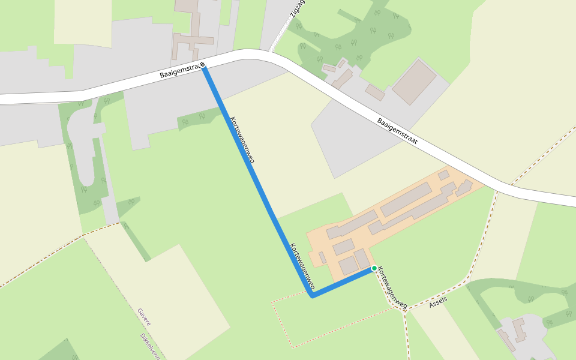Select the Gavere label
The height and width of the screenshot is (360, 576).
(144, 317)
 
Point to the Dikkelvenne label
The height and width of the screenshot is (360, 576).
(151, 347)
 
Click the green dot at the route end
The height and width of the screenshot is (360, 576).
(374, 268)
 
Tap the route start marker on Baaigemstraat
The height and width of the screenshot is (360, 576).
(203, 65)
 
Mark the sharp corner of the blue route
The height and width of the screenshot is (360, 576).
(312, 296)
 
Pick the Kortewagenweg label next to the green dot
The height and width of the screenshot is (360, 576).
(393, 289)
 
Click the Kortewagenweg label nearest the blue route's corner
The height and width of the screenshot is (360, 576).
(302, 266)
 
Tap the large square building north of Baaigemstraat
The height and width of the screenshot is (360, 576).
(414, 81)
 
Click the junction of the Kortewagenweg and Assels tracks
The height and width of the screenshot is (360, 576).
(404, 311)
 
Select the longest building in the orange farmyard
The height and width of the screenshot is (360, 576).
(406, 199)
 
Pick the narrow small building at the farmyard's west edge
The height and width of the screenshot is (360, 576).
(322, 257)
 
